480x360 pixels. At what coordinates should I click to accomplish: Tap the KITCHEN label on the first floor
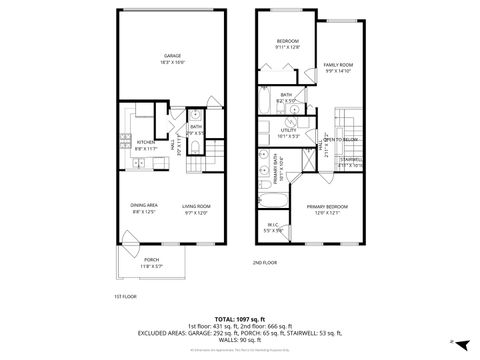coord(145,143)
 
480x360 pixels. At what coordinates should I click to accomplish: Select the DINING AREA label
coord(145,206)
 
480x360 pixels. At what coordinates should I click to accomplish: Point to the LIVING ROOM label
coord(196,206)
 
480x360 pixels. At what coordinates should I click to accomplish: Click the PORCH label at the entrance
coord(150,259)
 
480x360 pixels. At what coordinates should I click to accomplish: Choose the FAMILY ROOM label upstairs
coord(340,65)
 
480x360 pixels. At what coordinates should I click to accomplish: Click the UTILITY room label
coord(289,129)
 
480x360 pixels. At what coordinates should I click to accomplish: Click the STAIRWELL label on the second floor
coord(351,159)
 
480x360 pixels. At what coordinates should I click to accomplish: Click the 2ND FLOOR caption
coord(266,262)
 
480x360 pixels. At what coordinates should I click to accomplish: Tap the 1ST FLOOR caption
coord(120,296)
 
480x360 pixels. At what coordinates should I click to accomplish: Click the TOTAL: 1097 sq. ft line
coord(240,317)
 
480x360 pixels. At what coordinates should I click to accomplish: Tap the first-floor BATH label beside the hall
coord(196,128)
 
